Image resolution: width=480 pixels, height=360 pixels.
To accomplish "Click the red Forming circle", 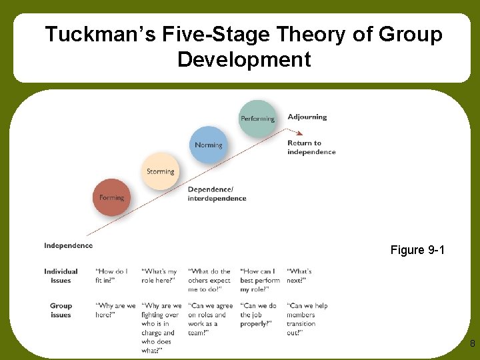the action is pos(111,197).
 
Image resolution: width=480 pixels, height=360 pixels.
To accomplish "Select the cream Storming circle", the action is pos(160,171).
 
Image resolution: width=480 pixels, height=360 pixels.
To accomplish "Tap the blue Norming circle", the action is pos(209,145).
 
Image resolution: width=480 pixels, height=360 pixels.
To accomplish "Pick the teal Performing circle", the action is pos(257,119).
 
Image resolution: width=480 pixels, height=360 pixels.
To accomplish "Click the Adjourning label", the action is pos(307,117).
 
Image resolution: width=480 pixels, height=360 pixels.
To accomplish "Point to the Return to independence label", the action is pos(311,147).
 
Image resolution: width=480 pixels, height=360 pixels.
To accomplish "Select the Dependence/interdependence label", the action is pos(217,193).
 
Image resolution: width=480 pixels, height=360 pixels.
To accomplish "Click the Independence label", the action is pos(69,245).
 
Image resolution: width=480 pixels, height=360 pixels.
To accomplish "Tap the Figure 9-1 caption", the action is pos(417,250).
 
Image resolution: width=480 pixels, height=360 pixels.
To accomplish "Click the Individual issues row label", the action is pos(61,276).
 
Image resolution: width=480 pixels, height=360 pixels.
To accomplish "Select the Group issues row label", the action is pos(61,311).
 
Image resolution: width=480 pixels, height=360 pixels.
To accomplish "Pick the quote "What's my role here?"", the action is pos(160,276).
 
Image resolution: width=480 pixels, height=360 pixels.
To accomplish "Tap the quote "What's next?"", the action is pos(299,276).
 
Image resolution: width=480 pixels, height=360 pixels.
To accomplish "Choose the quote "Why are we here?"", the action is pos(115,311).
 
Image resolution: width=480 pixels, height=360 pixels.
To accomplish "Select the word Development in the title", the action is pos(244,59).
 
